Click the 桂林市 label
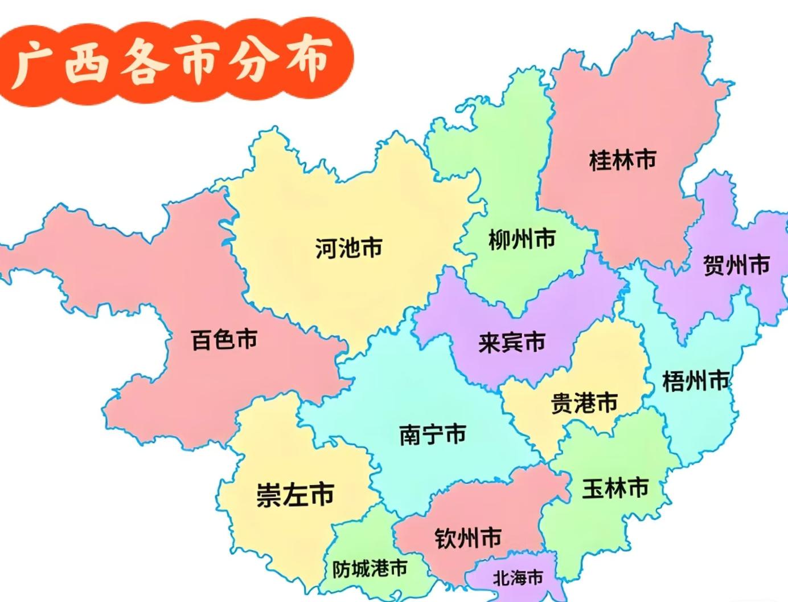click(x=622, y=160)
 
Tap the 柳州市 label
click(x=522, y=239)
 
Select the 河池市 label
click(x=348, y=249)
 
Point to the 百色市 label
click(x=224, y=340)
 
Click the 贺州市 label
click(x=736, y=265)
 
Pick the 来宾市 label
click(x=511, y=342)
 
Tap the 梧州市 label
click(x=695, y=381)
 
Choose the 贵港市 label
click(x=584, y=403)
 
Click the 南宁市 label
click(x=433, y=435)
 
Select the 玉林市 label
click(x=615, y=489)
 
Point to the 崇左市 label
click(x=295, y=494)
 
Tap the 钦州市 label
click(x=468, y=538)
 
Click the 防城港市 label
click(x=370, y=568)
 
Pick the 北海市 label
click(x=518, y=578)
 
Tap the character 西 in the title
click(x=87, y=62)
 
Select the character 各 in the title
click(x=142, y=62)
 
